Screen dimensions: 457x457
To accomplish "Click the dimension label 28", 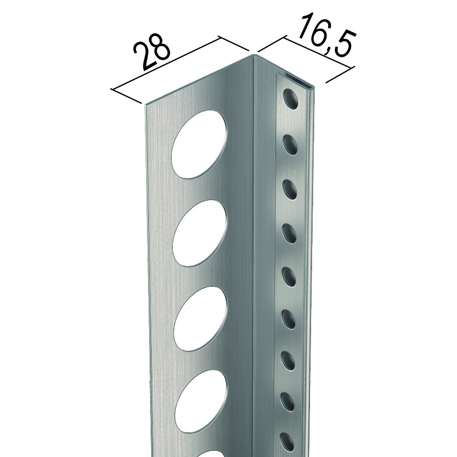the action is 151,55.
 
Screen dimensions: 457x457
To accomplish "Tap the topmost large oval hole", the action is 199,144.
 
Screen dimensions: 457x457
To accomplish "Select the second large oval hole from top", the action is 200,233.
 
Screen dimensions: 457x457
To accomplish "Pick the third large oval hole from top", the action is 200,319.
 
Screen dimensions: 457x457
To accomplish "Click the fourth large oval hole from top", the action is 201,402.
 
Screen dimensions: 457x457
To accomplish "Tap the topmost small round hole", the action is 291,100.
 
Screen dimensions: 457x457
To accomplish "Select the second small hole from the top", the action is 290,144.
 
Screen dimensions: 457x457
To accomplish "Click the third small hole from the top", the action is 290,190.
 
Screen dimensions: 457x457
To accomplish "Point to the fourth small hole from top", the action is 289,234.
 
